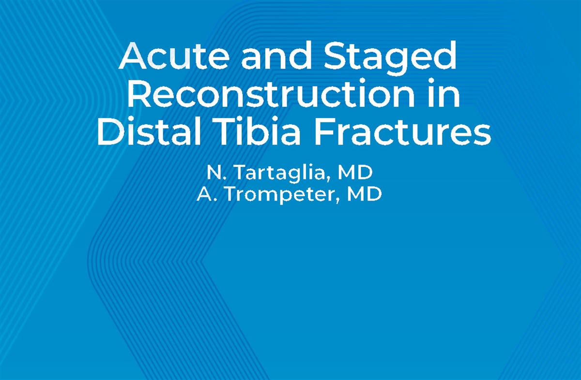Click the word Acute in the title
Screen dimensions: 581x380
[x=174, y=56]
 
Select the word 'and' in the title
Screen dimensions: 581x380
[x=276, y=55]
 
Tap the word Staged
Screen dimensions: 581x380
[x=390, y=58]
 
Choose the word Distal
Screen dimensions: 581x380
[x=149, y=131]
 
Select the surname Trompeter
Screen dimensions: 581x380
[x=282, y=195]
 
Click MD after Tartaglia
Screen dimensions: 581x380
[x=355, y=172]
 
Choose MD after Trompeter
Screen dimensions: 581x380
[x=365, y=194]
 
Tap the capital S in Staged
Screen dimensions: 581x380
[x=335, y=56]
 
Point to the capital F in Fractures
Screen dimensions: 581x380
[x=325, y=131]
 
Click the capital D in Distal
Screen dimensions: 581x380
[x=110, y=131]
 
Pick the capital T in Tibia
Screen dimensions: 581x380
[x=231, y=131]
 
